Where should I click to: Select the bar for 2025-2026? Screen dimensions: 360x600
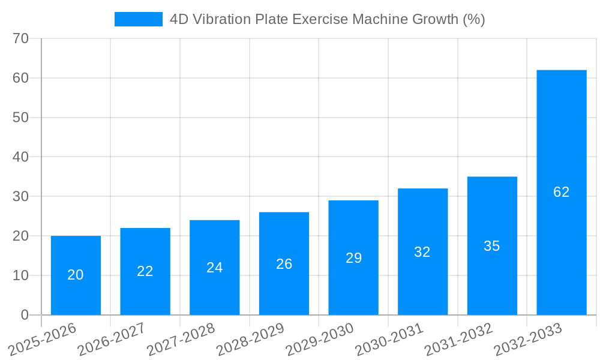[x=76, y=275]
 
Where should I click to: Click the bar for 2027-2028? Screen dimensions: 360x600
[x=214, y=268]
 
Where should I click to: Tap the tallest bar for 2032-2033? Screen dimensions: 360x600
[x=561, y=193]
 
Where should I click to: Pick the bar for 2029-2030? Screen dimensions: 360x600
[x=353, y=257]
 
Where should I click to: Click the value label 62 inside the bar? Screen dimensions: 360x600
[x=561, y=192]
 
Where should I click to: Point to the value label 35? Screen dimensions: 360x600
[x=492, y=246]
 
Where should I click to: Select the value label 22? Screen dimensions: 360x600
[x=145, y=271]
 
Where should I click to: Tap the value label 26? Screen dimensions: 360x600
[x=284, y=264]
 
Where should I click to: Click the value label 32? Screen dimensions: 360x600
[x=422, y=252]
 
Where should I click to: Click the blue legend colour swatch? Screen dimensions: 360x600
[x=138, y=19]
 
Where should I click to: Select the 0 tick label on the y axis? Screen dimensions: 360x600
[x=25, y=315]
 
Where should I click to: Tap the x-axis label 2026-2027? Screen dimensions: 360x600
[x=112, y=339]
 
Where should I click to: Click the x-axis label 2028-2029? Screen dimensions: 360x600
[x=250, y=339]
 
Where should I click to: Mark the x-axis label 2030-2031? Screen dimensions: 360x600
[x=389, y=339]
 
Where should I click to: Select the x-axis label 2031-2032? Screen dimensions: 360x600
[x=458, y=339]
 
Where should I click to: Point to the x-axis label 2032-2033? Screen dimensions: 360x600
[x=527, y=339]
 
